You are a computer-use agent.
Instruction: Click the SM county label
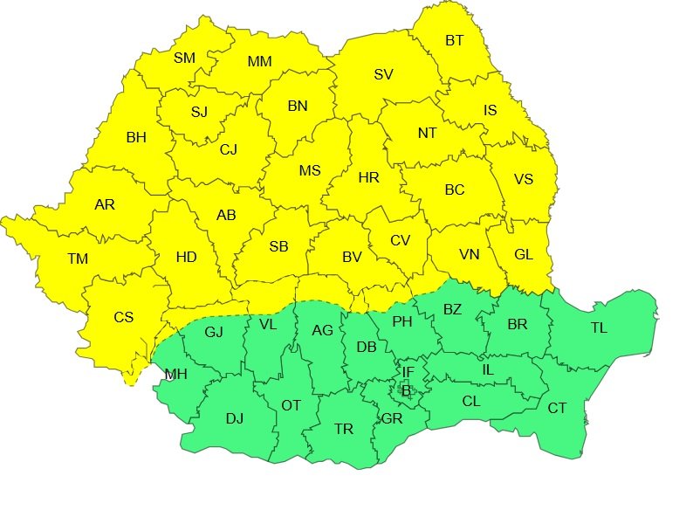click(184, 59)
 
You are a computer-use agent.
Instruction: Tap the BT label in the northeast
click(455, 40)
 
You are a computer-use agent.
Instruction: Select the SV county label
click(383, 74)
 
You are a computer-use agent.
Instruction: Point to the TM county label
click(78, 258)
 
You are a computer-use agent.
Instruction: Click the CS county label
click(123, 317)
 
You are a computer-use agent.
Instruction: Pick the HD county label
click(186, 257)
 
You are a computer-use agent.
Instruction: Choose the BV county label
click(352, 257)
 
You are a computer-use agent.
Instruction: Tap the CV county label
click(400, 240)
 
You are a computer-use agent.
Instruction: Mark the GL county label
click(524, 255)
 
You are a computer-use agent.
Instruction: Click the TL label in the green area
click(599, 327)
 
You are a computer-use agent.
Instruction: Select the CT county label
click(557, 407)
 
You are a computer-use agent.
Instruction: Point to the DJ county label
click(234, 418)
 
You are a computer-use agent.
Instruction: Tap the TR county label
click(344, 429)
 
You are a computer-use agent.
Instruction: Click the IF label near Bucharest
click(408, 372)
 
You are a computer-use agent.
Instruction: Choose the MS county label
click(310, 170)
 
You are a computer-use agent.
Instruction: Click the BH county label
click(136, 137)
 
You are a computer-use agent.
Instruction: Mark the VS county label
click(523, 179)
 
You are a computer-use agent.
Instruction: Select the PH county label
click(401, 321)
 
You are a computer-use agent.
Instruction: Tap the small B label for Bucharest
click(405, 390)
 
